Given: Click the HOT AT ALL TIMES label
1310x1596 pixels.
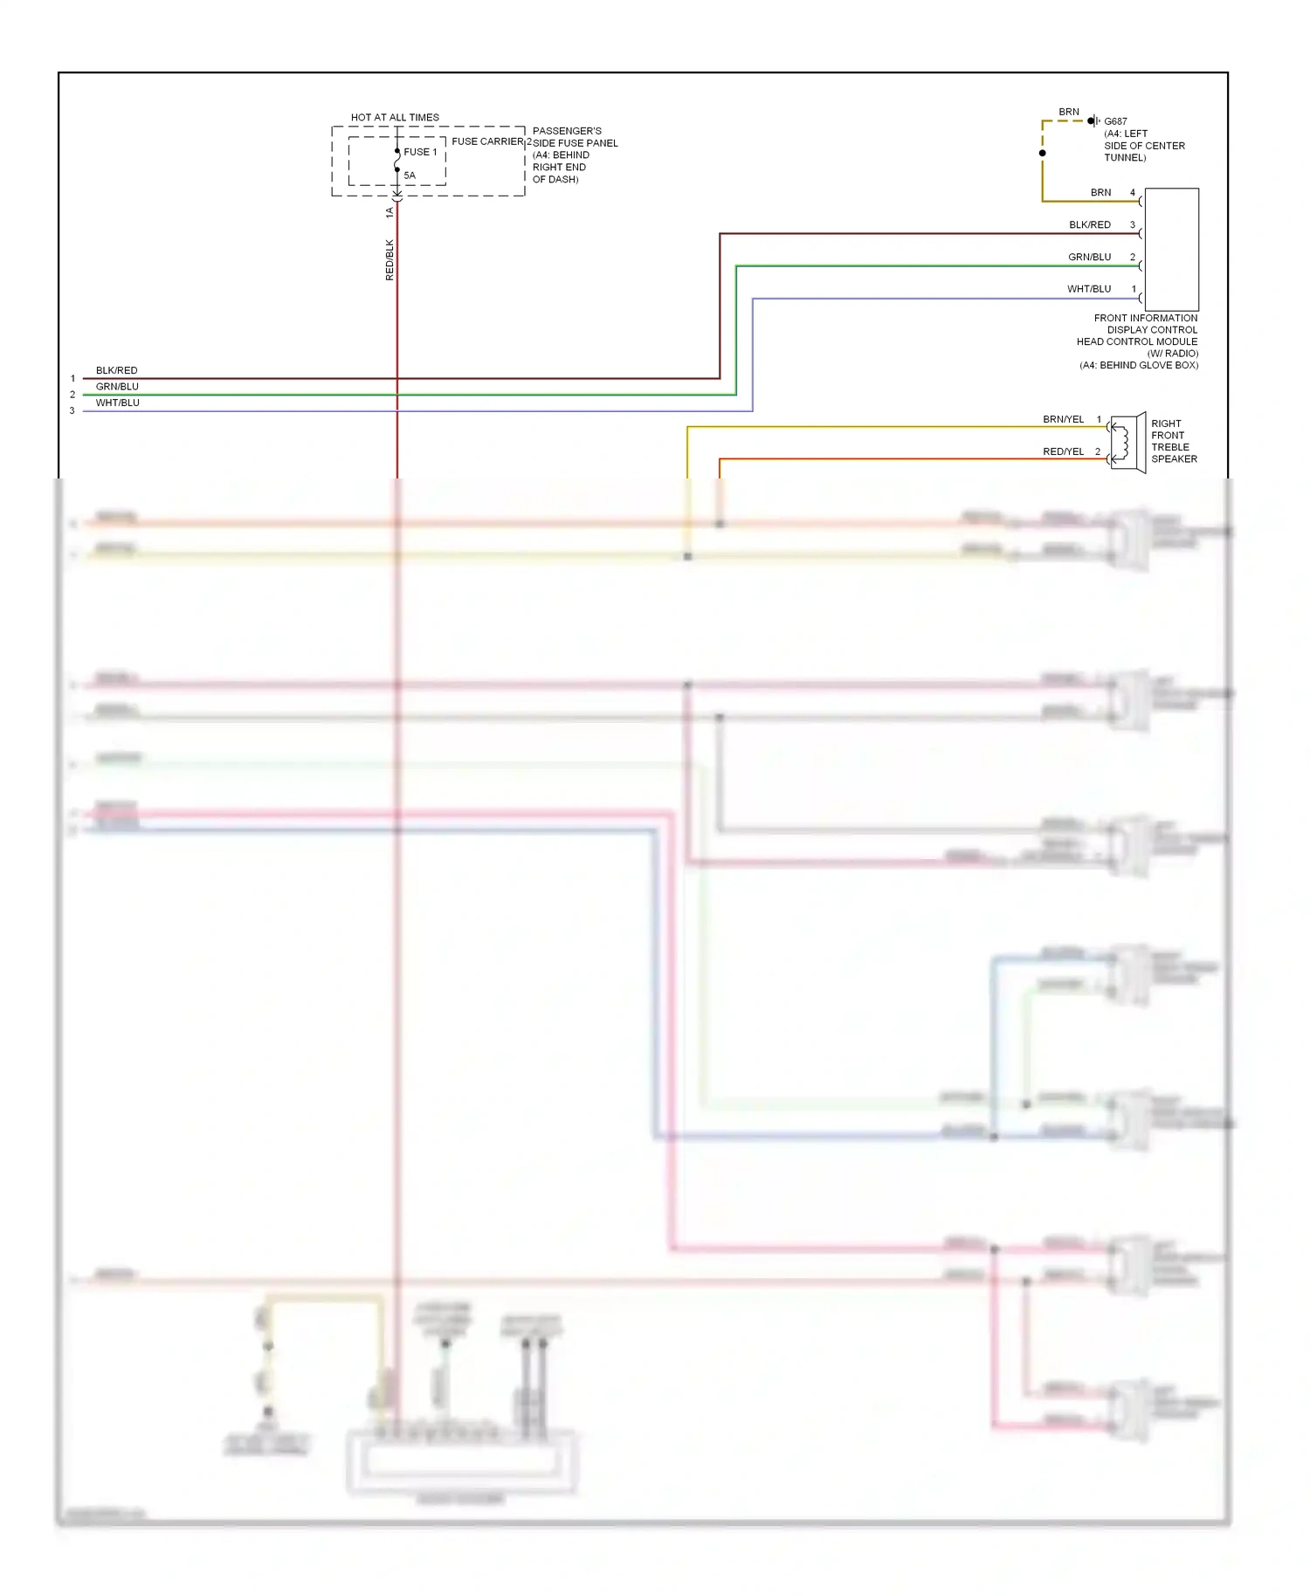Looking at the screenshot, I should point(395,117).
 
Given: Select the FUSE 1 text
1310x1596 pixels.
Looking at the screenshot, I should point(420,152).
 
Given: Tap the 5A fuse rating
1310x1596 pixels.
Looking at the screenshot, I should point(410,175).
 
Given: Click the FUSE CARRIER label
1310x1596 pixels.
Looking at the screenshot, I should point(487,141).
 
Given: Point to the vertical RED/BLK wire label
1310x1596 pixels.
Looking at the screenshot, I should point(390,260).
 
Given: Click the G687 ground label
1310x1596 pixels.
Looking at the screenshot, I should point(1115,121).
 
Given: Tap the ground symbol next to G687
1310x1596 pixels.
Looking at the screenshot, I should point(1093,120).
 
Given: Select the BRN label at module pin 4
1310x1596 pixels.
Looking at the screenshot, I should point(1100,192).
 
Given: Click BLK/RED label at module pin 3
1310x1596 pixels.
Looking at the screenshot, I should point(1089,224).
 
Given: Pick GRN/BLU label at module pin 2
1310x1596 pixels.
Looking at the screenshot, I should point(1089,257).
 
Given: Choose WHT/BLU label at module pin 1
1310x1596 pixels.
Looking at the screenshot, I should point(1088,289).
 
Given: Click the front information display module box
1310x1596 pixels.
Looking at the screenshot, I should point(1171,249).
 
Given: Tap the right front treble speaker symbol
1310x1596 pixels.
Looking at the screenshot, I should point(1127,443).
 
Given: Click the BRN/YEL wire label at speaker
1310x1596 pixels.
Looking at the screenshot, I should point(1063,419).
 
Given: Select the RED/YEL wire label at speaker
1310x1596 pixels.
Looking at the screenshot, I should point(1063,451).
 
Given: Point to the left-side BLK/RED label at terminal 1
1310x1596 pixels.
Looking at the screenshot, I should point(116,370).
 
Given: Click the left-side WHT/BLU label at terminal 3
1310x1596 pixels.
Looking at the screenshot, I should point(117,402).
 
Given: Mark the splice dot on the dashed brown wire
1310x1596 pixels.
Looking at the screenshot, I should point(1042,153).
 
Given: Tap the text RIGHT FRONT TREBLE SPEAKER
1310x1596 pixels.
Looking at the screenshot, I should point(1173,441).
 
